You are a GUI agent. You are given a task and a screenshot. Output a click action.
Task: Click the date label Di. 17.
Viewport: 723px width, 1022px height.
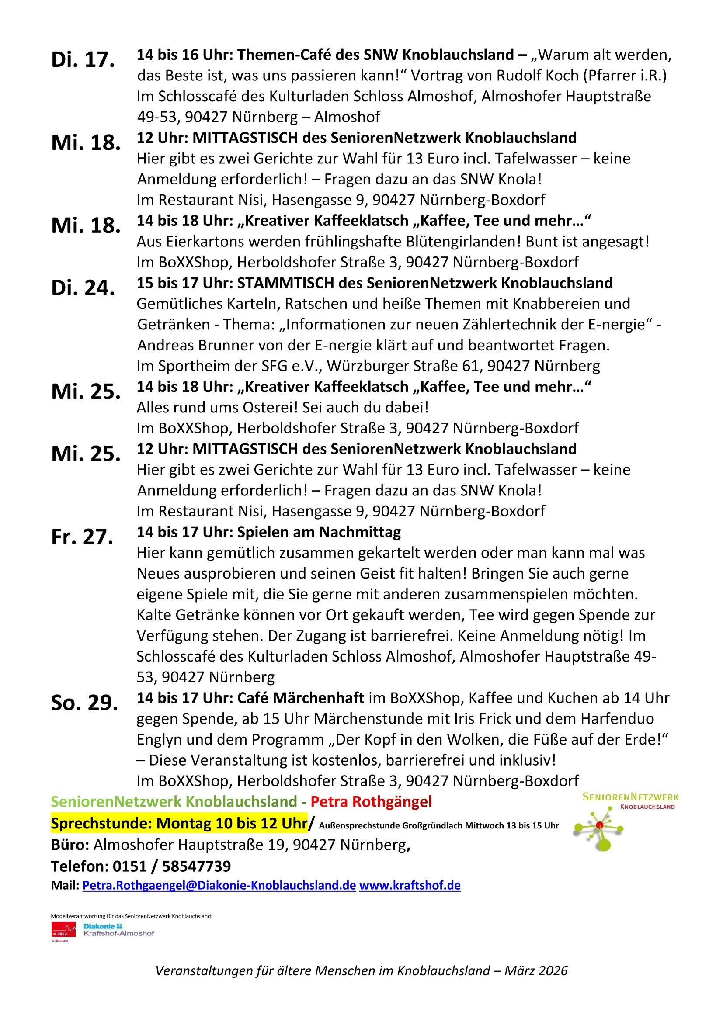coord(83,60)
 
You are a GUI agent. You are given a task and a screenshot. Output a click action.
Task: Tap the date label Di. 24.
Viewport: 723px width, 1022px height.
coord(83,288)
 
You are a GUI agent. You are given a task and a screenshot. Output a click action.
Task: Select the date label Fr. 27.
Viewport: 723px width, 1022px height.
coord(82,537)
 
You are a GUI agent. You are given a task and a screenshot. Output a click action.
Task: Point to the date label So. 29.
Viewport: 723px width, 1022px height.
coord(85,703)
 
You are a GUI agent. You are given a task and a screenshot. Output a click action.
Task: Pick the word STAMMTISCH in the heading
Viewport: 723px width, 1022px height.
coord(285,283)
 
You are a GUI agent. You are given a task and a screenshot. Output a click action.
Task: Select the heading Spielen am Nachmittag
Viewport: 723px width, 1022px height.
coord(319,532)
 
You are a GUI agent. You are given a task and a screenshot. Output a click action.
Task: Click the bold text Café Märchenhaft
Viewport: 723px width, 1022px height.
coord(300,698)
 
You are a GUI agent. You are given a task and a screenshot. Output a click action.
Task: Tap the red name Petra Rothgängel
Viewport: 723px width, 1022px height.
coord(371,802)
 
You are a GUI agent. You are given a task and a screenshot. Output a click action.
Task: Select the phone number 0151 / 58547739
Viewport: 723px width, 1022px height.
coord(172,866)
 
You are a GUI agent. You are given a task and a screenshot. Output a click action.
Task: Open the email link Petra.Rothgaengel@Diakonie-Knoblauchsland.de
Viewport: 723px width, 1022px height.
coord(219,885)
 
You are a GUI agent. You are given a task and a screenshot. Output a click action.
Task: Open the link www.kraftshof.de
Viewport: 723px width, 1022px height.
coord(410,885)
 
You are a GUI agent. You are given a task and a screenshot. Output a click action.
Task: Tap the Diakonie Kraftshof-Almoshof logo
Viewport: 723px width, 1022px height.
coord(118,930)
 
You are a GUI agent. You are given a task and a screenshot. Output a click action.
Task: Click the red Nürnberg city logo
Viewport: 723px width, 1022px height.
coord(63,930)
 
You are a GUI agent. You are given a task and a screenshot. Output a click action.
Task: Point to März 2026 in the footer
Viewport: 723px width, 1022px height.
coord(536,971)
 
